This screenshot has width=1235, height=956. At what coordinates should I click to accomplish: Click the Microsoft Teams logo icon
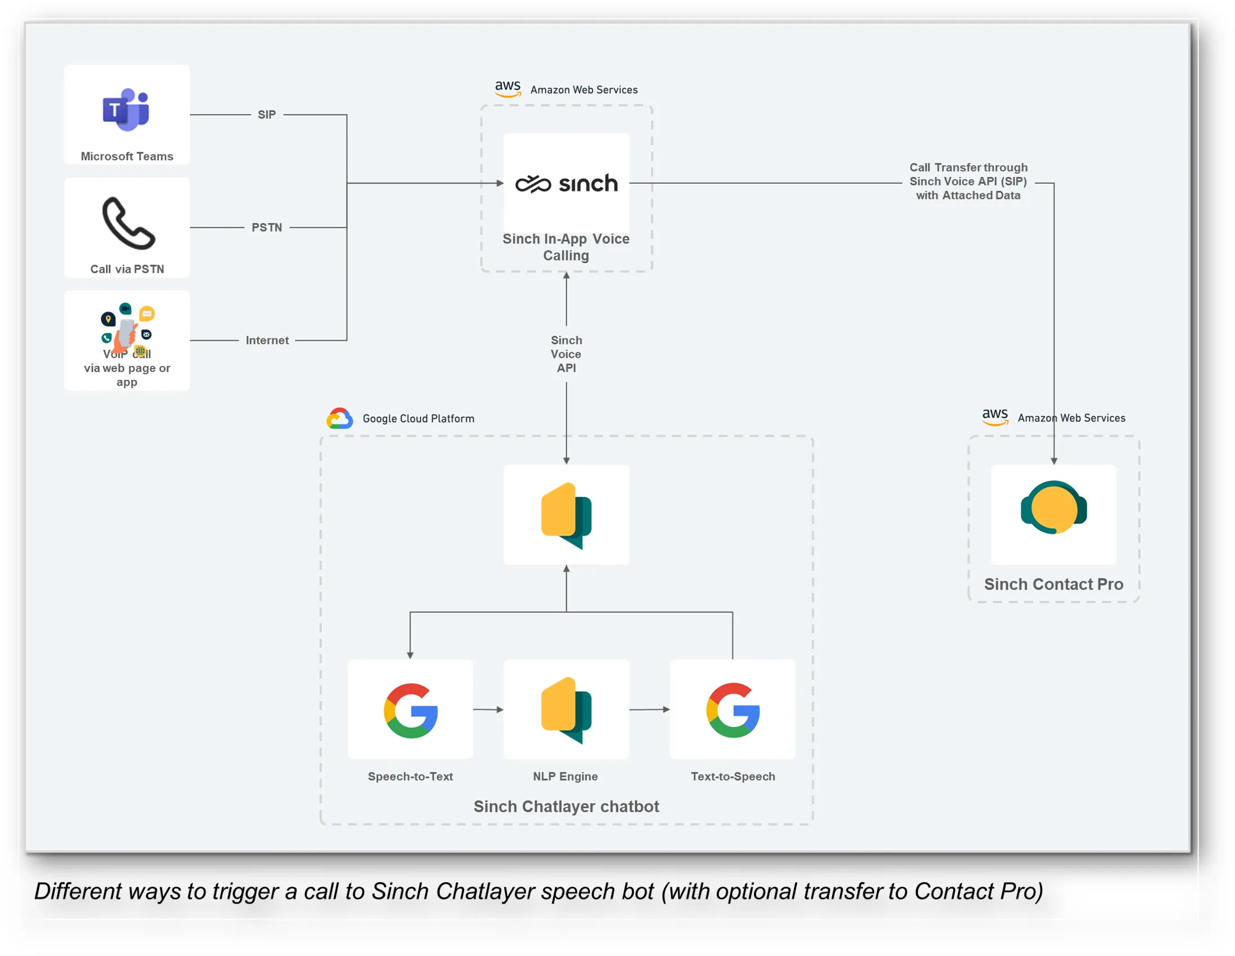point(126,110)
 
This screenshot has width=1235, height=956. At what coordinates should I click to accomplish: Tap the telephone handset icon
point(129,223)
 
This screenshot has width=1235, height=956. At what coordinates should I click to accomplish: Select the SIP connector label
point(267,115)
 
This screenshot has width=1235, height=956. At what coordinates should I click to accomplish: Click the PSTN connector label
point(267,228)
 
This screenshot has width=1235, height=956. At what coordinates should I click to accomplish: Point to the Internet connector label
point(267,341)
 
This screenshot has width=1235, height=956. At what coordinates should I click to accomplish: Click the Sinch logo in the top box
point(567,184)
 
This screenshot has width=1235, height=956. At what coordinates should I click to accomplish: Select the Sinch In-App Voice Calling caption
point(567,247)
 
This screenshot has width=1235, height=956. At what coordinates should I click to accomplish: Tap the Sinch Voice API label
point(567,355)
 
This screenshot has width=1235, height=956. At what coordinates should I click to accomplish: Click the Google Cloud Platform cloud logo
point(340,419)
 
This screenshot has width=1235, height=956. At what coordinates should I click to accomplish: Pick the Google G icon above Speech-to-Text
point(411,711)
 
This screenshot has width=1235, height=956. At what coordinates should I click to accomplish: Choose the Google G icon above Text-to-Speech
point(734,711)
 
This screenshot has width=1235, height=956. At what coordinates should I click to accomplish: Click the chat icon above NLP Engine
point(567,711)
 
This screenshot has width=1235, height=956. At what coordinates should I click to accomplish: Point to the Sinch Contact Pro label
point(1054,585)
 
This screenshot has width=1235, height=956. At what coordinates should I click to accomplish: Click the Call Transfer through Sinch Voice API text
point(969,182)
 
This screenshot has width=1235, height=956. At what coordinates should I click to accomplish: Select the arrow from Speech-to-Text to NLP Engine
point(488,710)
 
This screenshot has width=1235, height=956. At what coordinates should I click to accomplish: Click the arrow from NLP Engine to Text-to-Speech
point(650,710)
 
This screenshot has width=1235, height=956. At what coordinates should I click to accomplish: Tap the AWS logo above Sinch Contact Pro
point(995,417)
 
